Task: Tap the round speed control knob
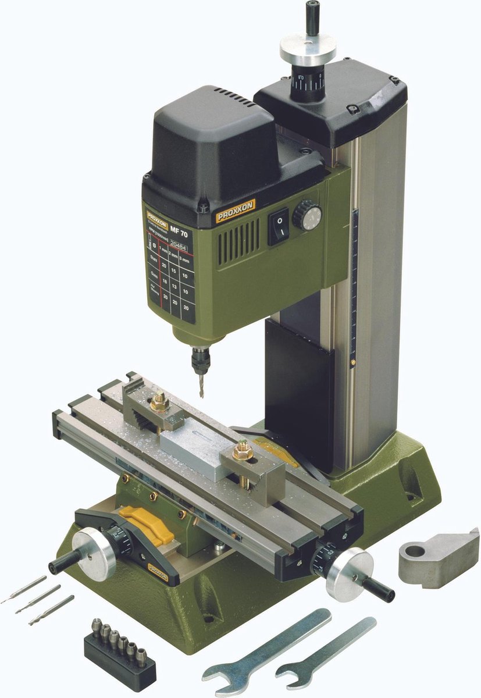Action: [307, 215]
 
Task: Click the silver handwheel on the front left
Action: [94, 554]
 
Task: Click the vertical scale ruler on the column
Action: [354, 285]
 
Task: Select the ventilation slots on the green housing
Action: [240, 240]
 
